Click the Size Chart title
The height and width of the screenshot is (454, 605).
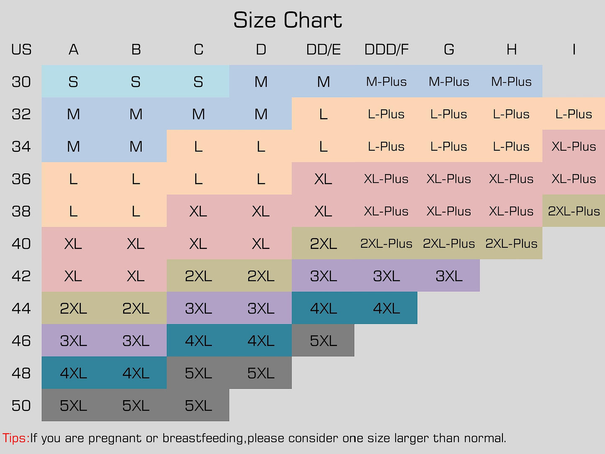[288, 21]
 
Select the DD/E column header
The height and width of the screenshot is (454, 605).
[323, 50]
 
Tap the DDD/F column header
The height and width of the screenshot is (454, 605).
[386, 50]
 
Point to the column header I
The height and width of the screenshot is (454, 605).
[574, 50]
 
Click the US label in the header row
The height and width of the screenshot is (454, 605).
[21, 50]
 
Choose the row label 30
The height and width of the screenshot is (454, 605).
[21, 82]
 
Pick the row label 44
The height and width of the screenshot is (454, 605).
[21, 309]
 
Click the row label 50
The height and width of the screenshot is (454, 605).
[21, 406]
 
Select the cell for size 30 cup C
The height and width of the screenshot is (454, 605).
[198, 82]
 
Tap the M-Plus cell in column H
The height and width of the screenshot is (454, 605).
[511, 82]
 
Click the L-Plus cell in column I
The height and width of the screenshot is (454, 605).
[574, 114]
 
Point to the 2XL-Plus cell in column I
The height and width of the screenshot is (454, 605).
[574, 211]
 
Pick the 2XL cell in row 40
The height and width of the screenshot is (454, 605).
[323, 244]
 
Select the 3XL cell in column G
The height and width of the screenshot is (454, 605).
[449, 276]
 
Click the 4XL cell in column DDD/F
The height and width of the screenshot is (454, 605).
[386, 309]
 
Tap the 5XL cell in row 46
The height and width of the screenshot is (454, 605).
[323, 341]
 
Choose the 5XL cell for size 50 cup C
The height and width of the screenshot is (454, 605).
[198, 406]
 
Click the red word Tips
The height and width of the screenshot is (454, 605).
[15, 439]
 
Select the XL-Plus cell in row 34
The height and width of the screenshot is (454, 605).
[574, 146]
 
